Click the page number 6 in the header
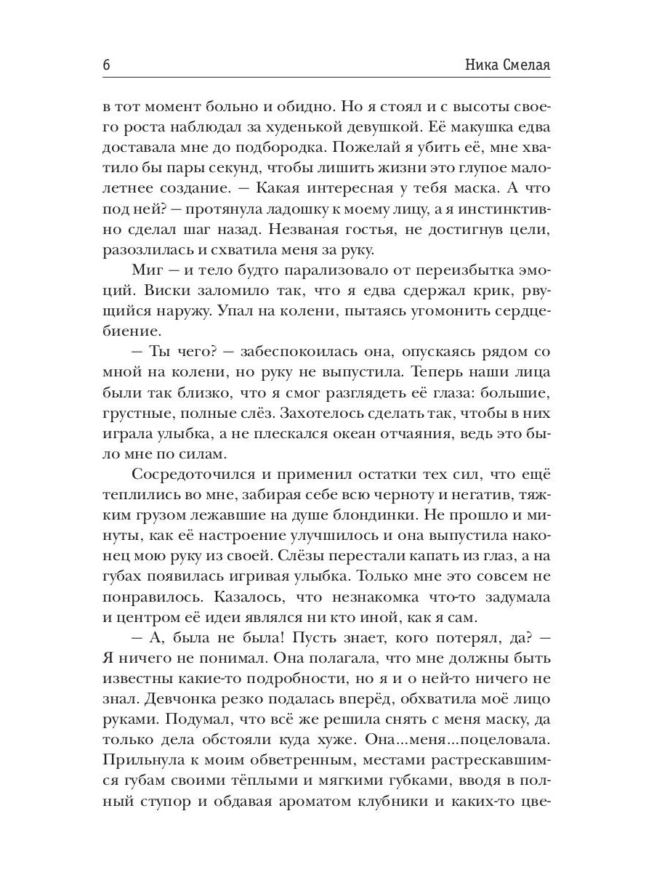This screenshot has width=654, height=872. pos(106,65)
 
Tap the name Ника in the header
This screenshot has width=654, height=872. pos(483,65)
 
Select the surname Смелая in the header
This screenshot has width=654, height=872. pos(526,65)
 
